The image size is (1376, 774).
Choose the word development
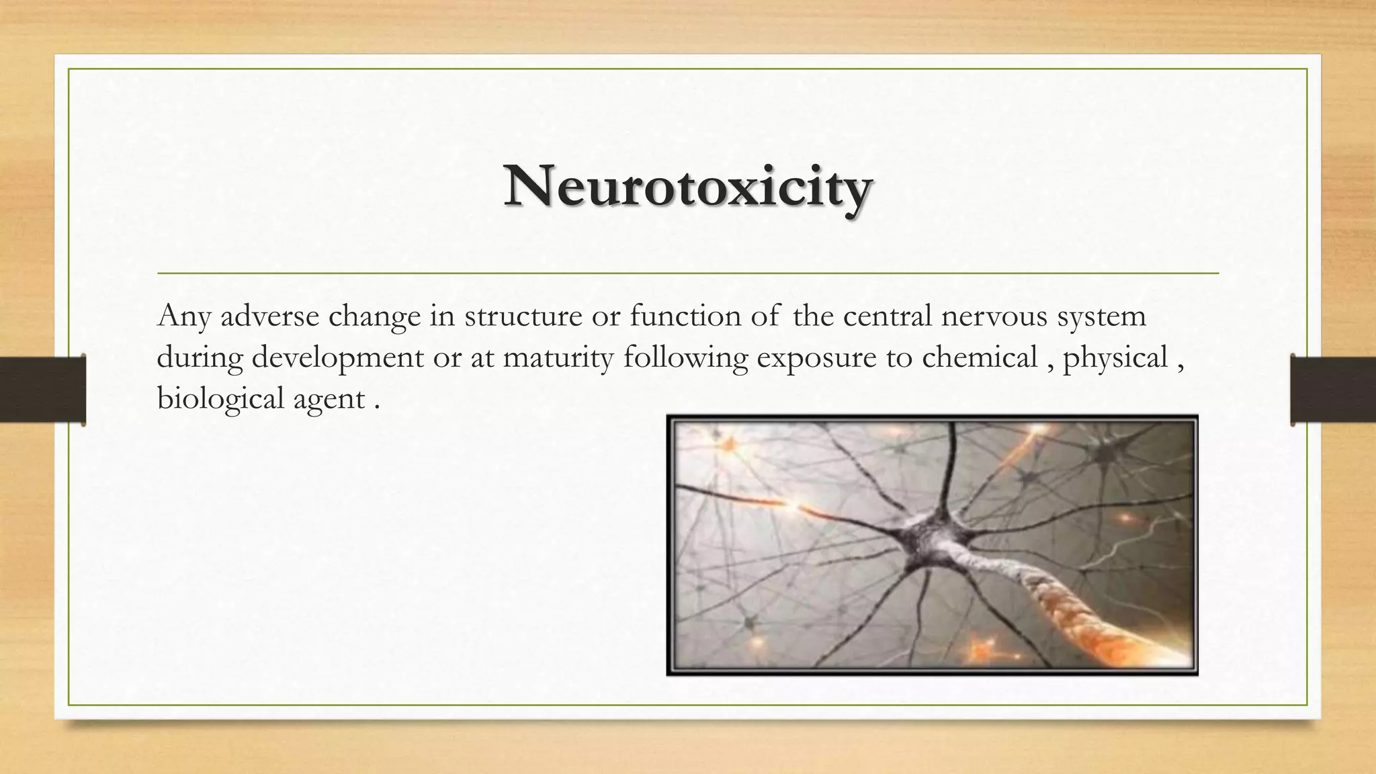[338, 358]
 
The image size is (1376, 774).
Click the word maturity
[558, 358]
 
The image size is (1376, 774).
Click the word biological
[220, 399]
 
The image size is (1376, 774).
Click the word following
[685, 358]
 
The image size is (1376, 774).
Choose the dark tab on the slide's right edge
[1333, 390]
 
